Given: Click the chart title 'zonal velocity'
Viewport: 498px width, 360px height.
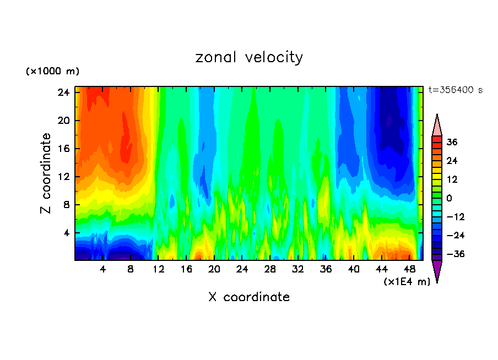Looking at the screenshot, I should click(249, 57).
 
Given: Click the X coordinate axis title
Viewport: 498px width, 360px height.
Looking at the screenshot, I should click(249, 297).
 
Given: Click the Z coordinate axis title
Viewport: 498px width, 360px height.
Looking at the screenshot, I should click(47, 173).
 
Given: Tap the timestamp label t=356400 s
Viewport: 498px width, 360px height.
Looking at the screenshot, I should click(455, 90).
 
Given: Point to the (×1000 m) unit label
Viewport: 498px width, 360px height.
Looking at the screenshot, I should click(52, 72).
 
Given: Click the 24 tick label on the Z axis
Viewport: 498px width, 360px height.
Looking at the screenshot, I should click(63, 92).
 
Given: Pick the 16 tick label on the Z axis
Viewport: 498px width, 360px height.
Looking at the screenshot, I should click(63, 149).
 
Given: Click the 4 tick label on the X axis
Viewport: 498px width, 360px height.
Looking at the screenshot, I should click(103, 270).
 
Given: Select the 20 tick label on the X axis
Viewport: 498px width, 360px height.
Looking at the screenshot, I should click(214, 270).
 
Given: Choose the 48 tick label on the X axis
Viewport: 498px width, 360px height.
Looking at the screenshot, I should click(409, 270).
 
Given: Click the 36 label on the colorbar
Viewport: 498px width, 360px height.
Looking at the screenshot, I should click(452, 142).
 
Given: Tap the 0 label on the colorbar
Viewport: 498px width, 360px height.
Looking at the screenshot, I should click(449, 198).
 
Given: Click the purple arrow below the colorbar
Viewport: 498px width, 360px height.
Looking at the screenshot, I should click(437, 271).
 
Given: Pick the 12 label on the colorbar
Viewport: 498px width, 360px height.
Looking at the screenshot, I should click(452, 179).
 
